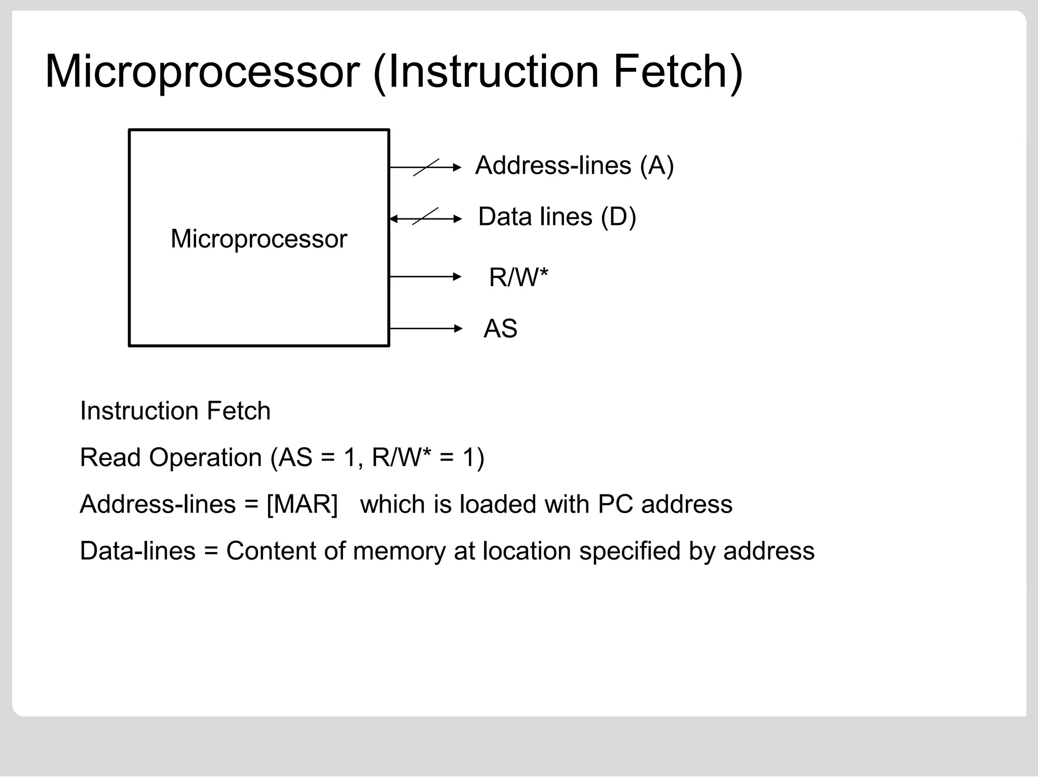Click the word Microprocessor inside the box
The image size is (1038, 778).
(258, 239)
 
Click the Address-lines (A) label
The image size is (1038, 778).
(574, 166)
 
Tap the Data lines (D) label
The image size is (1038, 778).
(557, 217)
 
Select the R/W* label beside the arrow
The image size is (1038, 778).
(518, 278)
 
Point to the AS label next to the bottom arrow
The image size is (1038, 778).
(500, 329)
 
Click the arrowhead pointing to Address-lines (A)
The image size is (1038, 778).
(458, 167)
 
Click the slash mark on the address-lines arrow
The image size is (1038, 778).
(426, 167)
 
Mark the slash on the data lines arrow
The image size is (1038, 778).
(425, 217)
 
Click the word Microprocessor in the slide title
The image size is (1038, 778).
(202, 72)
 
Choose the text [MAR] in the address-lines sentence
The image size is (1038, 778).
(302, 504)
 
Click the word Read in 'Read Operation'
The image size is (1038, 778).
(110, 458)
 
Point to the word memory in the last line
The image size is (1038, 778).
(399, 551)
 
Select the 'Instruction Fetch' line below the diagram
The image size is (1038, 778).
(175, 411)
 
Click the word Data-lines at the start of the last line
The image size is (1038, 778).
(137, 551)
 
